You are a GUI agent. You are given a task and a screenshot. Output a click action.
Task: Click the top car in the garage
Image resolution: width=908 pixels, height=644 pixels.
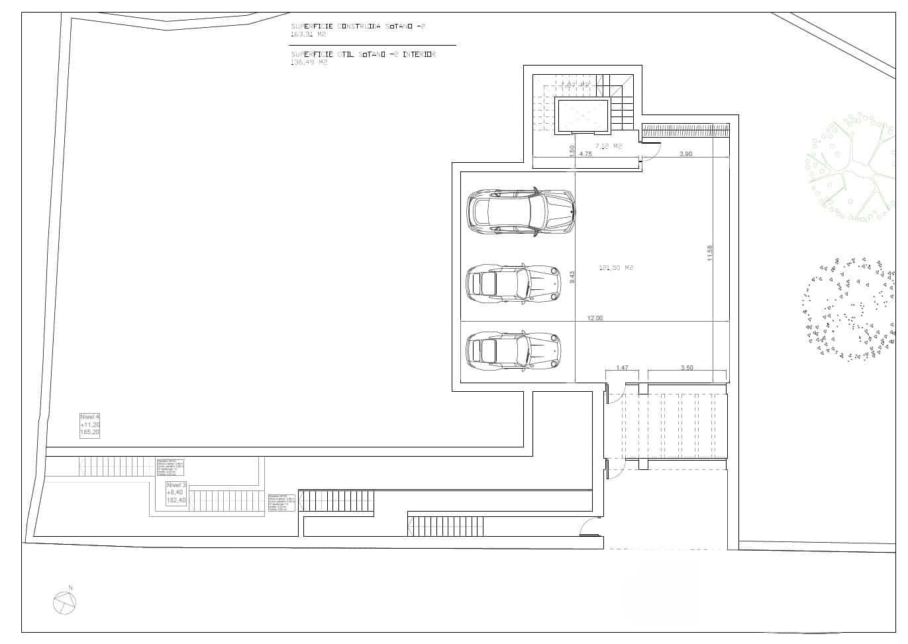coord(521,212)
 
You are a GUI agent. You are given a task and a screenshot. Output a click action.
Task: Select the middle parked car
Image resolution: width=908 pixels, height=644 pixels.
coord(513,283)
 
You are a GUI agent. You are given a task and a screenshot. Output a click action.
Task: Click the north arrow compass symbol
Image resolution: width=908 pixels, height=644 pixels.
coord(65,602)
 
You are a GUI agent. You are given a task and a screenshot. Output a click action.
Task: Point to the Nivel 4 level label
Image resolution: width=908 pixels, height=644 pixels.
coord(90,424)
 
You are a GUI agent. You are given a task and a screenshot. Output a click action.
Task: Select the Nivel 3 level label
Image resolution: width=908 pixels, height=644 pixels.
coord(177,493)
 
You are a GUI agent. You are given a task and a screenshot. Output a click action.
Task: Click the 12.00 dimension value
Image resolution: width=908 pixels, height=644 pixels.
coord(595,318)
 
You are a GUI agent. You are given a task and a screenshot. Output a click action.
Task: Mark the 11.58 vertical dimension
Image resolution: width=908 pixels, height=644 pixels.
coord(710,253)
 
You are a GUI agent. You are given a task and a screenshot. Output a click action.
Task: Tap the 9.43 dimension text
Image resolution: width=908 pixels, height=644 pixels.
coord(572,277)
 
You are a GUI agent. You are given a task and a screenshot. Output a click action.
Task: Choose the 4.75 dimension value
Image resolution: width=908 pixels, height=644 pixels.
coord(585,154)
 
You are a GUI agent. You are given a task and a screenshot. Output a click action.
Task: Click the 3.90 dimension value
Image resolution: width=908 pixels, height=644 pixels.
coord(686,154)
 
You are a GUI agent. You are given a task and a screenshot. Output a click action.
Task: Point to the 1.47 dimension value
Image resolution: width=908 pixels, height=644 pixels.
coord(622,367)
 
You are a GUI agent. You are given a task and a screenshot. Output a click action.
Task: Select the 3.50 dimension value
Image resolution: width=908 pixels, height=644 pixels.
coord(687,367)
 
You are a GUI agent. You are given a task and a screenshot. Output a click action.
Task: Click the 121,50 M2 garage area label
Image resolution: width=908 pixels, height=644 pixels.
coord(616,268)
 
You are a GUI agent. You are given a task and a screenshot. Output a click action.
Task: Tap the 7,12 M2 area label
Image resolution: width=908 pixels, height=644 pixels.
coord(608,146)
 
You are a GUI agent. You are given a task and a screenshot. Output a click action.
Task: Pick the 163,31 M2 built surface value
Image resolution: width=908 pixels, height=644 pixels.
coord(309,33)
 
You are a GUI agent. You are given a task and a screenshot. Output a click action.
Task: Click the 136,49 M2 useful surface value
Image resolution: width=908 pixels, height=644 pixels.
coord(309,62)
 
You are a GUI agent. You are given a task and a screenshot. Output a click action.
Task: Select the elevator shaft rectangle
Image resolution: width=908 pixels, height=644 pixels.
coord(583,116)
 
